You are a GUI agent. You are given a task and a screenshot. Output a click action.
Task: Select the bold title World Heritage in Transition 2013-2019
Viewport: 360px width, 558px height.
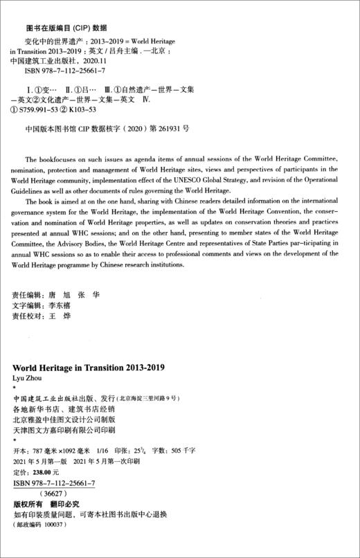tap(93, 367)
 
